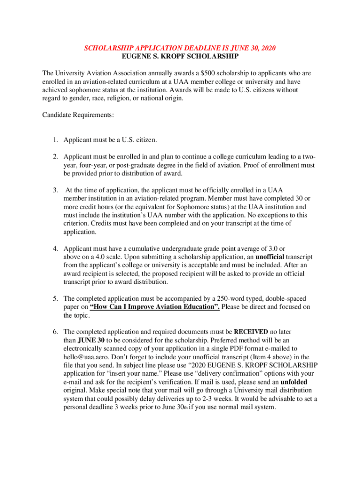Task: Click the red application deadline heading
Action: [180, 48]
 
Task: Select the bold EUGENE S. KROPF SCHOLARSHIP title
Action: [180, 56]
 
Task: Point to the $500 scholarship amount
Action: [206, 73]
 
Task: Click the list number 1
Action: [55, 140]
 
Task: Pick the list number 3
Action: [55, 190]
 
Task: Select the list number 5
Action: [55, 298]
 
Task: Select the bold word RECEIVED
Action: [251, 332]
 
